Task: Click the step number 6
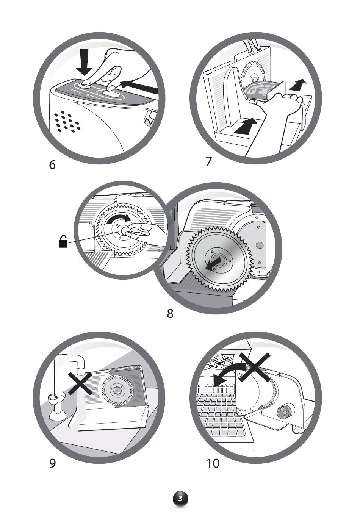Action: click(x=52, y=165)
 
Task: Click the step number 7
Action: click(x=209, y=161)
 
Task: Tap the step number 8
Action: click(x=170, y=314)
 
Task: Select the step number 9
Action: click(x=52, y=463)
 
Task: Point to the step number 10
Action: click(x=213, y=463)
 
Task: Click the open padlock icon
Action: click(x=63, y=242)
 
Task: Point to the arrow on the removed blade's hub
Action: click(x=214, y=263)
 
